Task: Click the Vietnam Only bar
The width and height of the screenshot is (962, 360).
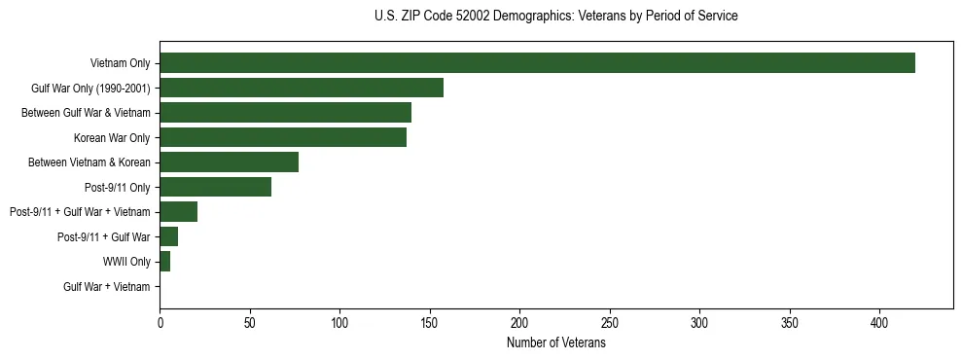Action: (537, 63)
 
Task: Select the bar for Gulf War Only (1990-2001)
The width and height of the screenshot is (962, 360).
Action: (302, 88)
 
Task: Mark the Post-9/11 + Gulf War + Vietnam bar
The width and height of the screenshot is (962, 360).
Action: (179, 212)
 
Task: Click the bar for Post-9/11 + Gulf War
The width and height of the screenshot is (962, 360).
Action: (169, 236)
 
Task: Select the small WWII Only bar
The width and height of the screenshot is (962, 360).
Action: (165, 262)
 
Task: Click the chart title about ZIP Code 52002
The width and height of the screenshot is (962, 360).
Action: (555, 17)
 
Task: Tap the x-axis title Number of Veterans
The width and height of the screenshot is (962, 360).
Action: (555, 343)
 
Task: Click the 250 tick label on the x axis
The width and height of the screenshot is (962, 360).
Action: (610, 322)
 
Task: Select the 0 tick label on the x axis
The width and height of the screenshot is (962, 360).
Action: (160, 322)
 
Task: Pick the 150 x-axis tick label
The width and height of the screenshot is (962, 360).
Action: (430, 322)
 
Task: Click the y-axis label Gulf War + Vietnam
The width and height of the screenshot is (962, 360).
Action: (107, 287)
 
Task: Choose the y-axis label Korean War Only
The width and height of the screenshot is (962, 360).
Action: (112, 138)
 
